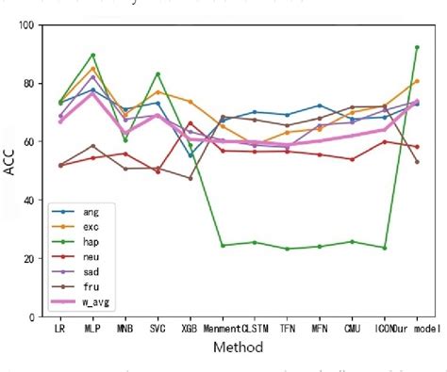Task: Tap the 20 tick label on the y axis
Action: pyautogui.click(x=36, y=258)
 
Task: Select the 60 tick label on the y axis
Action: pyautogui.click(x=36, y=141)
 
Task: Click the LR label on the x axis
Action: pyautogui.click(x=60, y=331)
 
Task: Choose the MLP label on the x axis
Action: pyautogui.click(x=92, y=331)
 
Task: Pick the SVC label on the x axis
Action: pyautogui.click(x=157, y=331)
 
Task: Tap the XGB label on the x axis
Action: pyautogui.click(x=190, y=331)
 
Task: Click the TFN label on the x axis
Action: pyautogui.click(x=288, y=331)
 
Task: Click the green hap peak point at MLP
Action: pyautogui.click(x=92, y=55)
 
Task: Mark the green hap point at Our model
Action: pyautogui.click(x=417, y=47)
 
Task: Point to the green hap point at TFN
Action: pyautogui.click(x=288, y=249)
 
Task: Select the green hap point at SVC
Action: pyautogui.click(x=157, y=73)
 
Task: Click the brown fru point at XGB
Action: pyautogui.click(x=190, y=178)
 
